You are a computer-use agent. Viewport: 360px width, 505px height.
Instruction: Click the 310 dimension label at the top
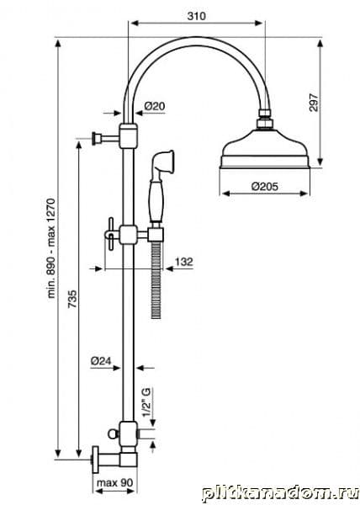click(196, 16)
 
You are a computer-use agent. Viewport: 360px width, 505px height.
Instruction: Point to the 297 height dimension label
click(314, 103)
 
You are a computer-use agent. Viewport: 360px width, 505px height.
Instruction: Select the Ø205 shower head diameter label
click(265, 186)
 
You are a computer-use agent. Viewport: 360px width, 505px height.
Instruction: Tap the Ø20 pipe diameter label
click(155, 106)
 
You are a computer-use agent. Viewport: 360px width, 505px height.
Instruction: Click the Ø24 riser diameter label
click(101, 361)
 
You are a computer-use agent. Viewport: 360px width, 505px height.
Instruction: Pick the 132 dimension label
click(183, 262)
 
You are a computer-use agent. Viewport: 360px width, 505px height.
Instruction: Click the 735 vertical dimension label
click(72, 299)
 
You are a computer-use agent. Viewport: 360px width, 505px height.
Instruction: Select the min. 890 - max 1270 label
click(51, 248)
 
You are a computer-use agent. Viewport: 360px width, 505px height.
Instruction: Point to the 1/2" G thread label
click(146, 402)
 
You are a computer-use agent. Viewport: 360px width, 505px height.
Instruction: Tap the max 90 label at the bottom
click(114, 483)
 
